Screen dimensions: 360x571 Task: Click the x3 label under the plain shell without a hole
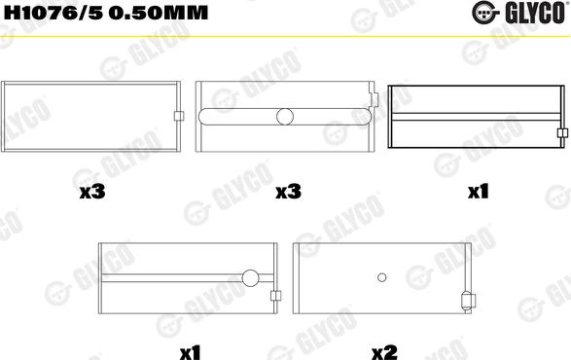[92, 193]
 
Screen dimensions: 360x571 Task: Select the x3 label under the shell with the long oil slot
[286, 193]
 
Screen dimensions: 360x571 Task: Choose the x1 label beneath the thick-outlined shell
[477, 193]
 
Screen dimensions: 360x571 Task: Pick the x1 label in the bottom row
[190, 348]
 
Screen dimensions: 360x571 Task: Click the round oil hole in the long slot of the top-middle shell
[285, 117]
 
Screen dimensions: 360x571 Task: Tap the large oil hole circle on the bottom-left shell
[251, 278]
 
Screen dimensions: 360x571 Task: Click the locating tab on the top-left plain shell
[179, 117]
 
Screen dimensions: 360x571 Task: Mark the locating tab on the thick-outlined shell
[561, 133]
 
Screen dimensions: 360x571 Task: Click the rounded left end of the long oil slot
[203, 117]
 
